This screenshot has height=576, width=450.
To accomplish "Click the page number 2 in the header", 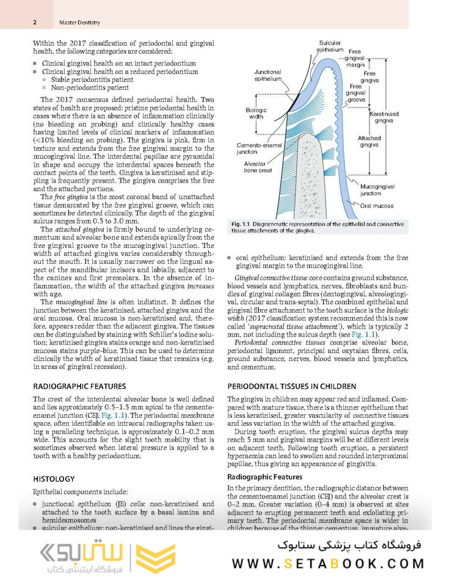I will click(35, 23).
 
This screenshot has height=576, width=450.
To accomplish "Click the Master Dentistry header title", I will click(80, 23).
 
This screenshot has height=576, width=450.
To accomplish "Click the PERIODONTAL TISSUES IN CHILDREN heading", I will click(291, 386).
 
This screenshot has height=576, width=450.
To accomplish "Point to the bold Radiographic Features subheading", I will click(264, 476).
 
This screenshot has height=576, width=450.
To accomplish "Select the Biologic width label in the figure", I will click(256, 113).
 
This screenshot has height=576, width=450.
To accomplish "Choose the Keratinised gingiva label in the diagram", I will click(383, 117).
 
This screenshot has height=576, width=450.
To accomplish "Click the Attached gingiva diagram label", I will click(369, 142).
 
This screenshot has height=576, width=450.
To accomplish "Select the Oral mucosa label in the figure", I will click(376, 206).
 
